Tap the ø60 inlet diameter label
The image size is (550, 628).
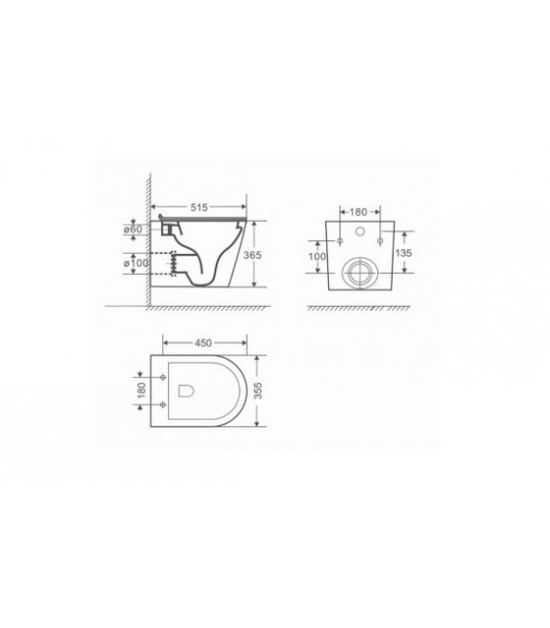(133, 229)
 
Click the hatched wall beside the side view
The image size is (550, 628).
(150, 241)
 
